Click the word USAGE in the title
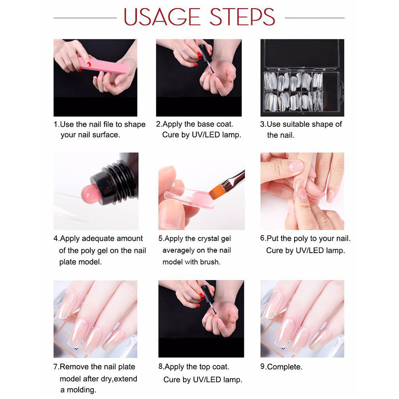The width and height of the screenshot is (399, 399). [162, 17]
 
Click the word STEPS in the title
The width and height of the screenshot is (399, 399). [242, 17]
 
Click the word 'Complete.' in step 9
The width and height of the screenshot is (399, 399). [285, 367]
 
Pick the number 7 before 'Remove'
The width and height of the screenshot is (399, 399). [56, 367]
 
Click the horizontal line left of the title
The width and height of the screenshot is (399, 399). [85, 18]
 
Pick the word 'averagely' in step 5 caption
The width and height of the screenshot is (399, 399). [179, 251]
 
